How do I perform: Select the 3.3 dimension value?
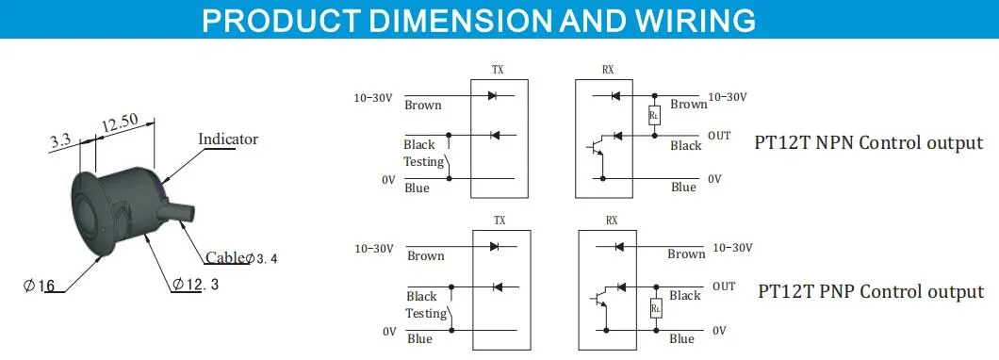tap(61, 141)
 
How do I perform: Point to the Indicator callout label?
tap(228, 139)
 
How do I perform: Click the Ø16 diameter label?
tap(39, 286)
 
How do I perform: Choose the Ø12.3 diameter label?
tap(196, 285)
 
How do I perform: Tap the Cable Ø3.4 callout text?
tap(241, 257)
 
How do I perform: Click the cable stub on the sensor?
tap(180, 210)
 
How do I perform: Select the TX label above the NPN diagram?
tap(498, 71)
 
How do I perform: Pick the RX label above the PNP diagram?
tap(612, 221)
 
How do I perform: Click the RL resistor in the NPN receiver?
tap(654, 115)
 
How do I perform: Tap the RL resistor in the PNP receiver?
tap(656, 308)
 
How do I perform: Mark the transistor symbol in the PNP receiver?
tap(598, 299)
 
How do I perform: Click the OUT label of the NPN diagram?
tap(719, 136)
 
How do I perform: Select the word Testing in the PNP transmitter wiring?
tap(426, 314)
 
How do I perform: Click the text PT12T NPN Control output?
tap(869, 142)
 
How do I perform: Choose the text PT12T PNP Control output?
tap(871, 292)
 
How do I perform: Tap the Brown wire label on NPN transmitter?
tap(423, 106)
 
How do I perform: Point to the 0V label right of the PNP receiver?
tap(719, 331)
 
